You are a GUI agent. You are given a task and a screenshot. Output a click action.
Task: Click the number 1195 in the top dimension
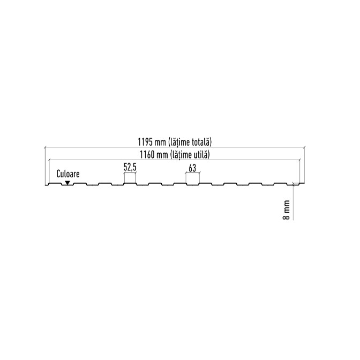(145, 142)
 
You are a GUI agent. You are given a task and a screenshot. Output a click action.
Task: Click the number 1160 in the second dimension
(147, 155)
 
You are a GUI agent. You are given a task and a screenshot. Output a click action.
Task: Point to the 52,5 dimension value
(130, 167)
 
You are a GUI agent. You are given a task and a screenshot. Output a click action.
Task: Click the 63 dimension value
(192, 168)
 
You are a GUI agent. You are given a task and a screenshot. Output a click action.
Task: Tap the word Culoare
(68, 174)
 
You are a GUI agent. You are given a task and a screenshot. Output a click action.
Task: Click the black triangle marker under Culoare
(67, 183)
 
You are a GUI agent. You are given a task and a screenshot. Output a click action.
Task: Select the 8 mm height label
(286, 210)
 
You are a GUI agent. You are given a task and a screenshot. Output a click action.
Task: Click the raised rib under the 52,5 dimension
(130, 183)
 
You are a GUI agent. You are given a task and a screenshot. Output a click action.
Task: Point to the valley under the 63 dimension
(192, 185)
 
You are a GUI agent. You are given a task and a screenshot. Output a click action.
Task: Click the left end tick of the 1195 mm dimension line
(45, 147)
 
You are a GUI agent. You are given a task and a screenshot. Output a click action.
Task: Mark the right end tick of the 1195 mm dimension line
(304, 147)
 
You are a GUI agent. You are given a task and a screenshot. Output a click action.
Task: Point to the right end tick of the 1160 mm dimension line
(300, 159)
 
